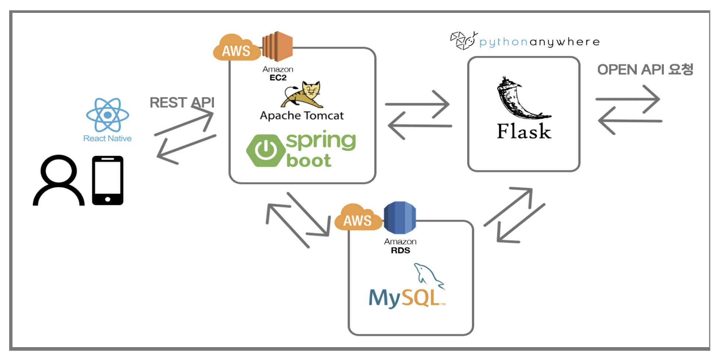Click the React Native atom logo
(107, 115)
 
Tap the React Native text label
(107, 138)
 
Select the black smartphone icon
(108, 180)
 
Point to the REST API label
(182, 102)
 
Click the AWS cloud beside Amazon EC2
(237, 49)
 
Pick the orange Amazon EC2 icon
(278, 47)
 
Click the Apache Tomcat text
(302, 116)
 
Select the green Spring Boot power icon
(266, 150)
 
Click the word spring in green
(321, 141)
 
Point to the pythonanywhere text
(539, 42)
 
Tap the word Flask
(524, 132)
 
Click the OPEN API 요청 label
(645, 69)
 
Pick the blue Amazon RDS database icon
(400, 218)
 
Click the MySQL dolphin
(428, 276)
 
